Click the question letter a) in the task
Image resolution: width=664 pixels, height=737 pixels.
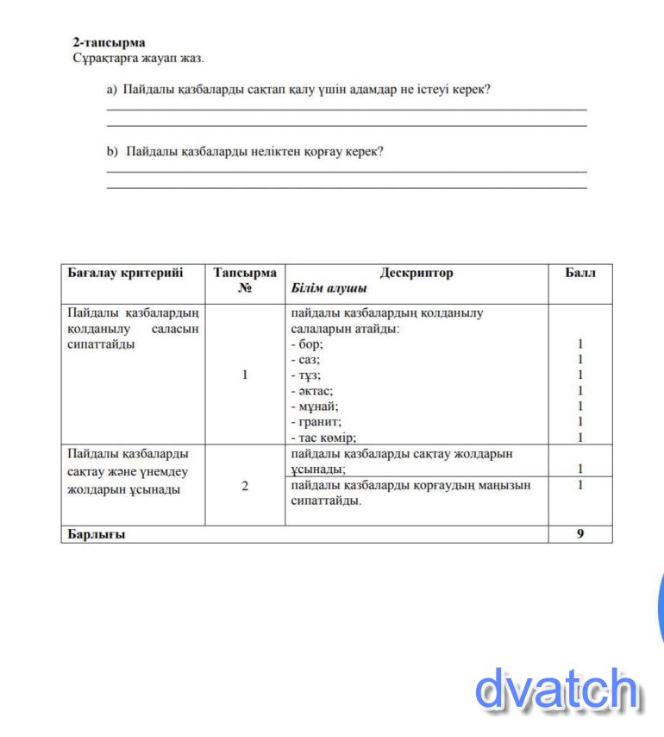click(x=111, y=89)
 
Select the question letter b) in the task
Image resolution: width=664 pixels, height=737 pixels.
click(x=111, y=151)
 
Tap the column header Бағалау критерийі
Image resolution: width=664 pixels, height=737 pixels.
click(x=125, y=273)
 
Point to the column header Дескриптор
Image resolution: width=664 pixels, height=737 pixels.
click(x=416, y=273)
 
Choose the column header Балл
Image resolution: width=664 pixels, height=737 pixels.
click(x=579, y=273)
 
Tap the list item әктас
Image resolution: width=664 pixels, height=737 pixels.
click(x=311, y=390)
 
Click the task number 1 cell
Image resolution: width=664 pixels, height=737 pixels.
click(x=245, y=375)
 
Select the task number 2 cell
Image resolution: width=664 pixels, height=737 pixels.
click(x=245, y=486)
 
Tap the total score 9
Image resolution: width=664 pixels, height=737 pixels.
click(x=580, y=534)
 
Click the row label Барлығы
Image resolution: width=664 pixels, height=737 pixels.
click(x=96, y=534)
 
